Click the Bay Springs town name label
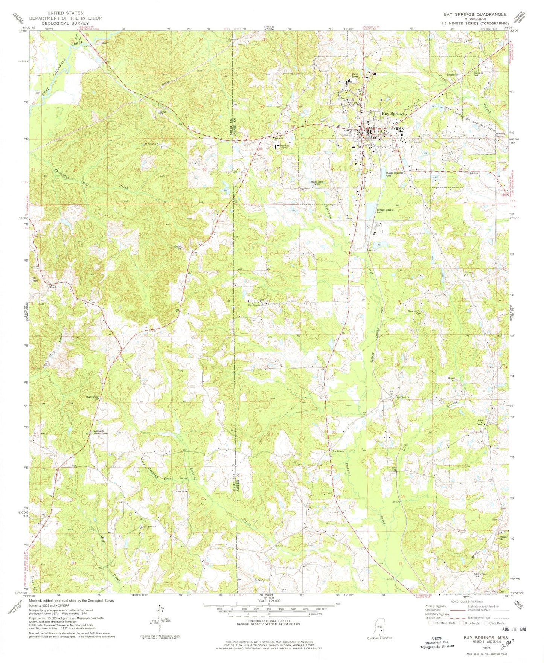click(x=393, y=113)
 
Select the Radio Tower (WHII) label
click(x=317, y=183)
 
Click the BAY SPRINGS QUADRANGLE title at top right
click(x=475, y=14)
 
